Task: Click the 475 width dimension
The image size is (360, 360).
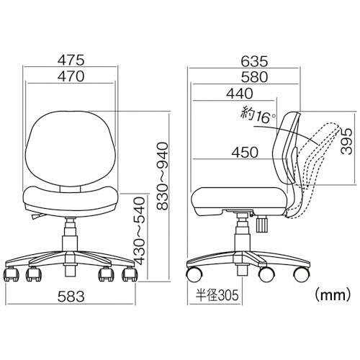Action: coord(71,60)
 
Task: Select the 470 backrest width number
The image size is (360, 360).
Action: coord(71,76)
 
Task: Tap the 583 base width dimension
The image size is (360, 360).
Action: coord(71,297)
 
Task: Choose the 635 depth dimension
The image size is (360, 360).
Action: coord(254,61)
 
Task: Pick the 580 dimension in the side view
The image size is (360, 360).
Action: coord(254,77)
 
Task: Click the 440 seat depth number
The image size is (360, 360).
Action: coord(240,94)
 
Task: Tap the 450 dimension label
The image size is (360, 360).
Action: coord(245,153)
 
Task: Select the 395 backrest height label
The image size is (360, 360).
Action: coord(346,141)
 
